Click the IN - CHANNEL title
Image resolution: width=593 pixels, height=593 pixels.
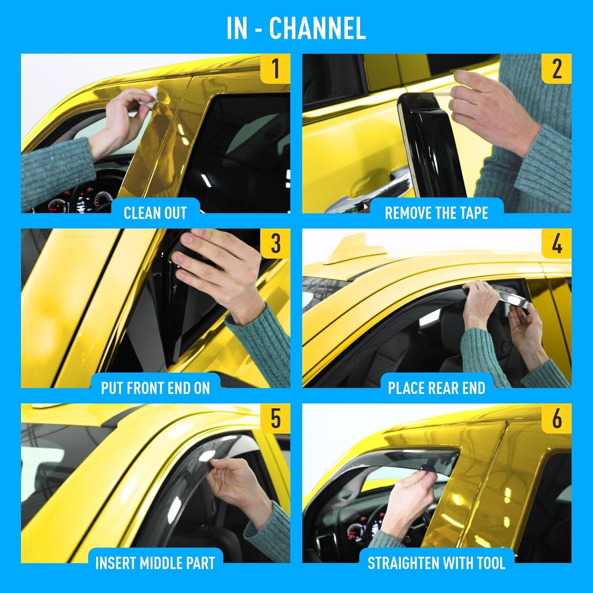pyautogui.click(x=296, y=28)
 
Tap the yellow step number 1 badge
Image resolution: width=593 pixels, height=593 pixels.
pyautogui.click(x=276, y=68)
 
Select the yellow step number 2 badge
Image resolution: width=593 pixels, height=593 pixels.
pyautogui.click(x=557, y=68)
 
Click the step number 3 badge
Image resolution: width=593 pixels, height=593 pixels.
pyautogui.click(x=276, y=244)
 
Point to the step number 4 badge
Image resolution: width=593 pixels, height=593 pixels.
pyautogui.click(x=557, y=244)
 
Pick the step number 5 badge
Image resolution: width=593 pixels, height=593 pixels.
pyautogui.click(x=276, y=418)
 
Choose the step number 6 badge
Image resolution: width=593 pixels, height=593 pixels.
pyautogui.click(x=557, y=418)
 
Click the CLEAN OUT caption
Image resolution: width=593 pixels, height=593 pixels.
pyautogui.click(x=155, y=213)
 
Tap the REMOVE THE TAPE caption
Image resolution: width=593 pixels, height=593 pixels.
pyautogui.click(x=436, y=213)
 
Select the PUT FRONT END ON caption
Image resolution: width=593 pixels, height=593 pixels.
pyautogui.click(x=155, y=388)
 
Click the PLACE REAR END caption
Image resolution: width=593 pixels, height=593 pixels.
pyautogui.click(x=436, y=388)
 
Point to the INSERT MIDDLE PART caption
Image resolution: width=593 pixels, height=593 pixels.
pyautogui.click(x=155, y=563)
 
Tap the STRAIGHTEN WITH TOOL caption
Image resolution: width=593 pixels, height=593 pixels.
pyautogui.click(x=436, y=563)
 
